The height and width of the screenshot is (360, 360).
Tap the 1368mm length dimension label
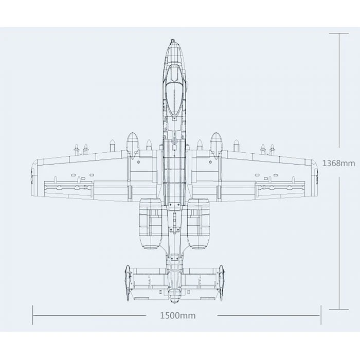coord(338,163)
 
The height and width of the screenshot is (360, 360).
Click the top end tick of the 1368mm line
coord(338,33)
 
